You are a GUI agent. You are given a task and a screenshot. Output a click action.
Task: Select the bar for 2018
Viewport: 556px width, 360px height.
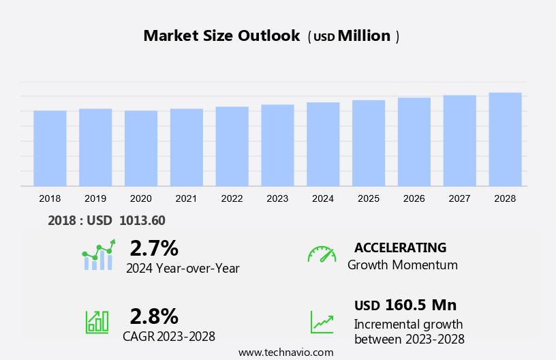[x=50, y=148]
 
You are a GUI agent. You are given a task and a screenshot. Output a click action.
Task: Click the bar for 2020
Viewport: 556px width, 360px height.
[x=141, y=148]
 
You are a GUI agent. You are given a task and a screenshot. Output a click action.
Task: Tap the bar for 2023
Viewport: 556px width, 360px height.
[x=277, y=145]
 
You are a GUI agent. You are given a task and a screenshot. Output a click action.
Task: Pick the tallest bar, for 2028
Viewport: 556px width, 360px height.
[x=505, y=139]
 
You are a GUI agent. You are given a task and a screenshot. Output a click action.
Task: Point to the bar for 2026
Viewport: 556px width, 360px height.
[x=414, y=142]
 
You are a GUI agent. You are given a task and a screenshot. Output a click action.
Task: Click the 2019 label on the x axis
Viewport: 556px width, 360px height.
[x=95, y=198]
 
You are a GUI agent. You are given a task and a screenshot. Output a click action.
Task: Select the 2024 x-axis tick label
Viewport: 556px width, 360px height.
[x=323, y=198]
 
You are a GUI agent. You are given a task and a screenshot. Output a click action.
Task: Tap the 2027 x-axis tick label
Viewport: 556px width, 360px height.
[x=459, y=198]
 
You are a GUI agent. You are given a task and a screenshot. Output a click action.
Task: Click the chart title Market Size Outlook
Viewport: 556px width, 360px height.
[x=221, y=36]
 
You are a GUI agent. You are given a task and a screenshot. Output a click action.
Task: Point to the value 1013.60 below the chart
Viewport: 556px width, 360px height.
[x=142, y=220]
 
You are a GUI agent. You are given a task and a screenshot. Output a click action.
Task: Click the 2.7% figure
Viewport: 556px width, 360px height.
[x=154, y=247]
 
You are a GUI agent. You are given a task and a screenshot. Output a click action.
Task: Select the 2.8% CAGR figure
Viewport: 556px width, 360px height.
[x=154, y=316]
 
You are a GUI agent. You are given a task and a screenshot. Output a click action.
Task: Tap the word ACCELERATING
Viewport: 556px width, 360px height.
[x=400, y=247]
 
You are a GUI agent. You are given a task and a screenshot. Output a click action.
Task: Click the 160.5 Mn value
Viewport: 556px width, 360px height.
[x=420, y=305]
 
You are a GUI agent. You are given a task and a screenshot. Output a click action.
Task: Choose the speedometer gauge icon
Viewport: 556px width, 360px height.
[x=322, y=254]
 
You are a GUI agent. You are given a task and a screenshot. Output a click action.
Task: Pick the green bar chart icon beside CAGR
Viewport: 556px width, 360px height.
[x=97, y=321]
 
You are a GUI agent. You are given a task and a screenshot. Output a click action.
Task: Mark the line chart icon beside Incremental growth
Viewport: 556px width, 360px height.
[x=322, y=322]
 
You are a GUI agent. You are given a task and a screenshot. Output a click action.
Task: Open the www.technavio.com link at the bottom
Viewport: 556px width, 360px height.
[x=285, y=352]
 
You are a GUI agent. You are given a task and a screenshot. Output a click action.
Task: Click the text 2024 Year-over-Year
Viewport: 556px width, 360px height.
[x=183, y=268]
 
